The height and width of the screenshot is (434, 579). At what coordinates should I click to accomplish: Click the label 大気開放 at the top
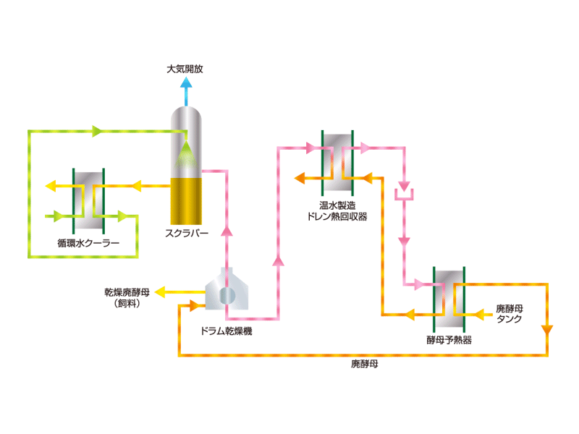click(185, 70)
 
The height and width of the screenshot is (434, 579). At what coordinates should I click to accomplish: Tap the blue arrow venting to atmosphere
click(186, 90)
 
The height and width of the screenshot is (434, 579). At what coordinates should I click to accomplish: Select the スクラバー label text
click(187, 234)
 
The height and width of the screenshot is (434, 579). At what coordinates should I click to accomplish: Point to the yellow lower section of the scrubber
click(186, 200)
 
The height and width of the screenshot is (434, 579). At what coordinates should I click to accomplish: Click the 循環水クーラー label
click(88, 243)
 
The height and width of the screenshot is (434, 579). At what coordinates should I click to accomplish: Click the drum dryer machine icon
click(227, 293)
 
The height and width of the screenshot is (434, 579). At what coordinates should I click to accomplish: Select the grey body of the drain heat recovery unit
click(338, 156)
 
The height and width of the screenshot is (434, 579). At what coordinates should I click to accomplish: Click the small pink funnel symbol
click(403, 193)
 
